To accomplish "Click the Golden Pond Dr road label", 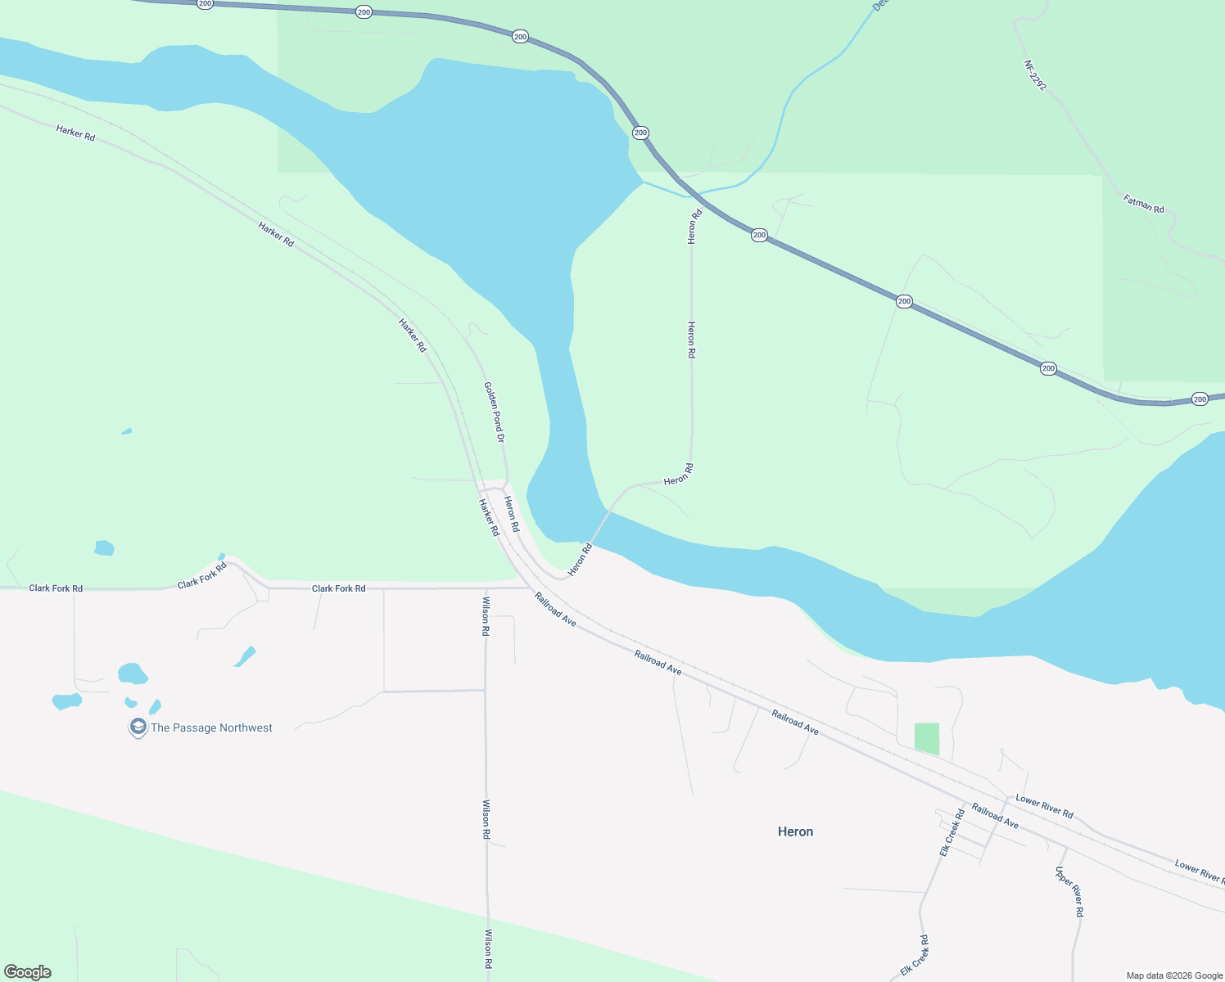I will pos(494,412).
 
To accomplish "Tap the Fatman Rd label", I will pos(1144,204).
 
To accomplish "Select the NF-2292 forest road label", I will pos(1035,75).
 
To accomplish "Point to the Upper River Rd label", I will pos(1069,891).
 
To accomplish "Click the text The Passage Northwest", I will pos(211,727).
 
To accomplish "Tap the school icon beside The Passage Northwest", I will pos(138,727).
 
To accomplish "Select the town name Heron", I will pos(795,831).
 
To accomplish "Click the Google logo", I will pos(28,972).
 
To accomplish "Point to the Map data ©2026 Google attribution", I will pos(1174,975).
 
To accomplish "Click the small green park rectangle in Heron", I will pos(927,738).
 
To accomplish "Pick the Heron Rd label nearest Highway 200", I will pos(694,227).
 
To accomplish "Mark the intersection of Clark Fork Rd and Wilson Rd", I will pos(486,588).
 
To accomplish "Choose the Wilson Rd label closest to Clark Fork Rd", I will pos(486,616).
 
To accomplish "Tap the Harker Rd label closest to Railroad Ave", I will pos(489,517).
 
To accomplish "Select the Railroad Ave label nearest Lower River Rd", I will pos(995,816).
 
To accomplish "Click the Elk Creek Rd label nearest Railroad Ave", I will pos(952,833).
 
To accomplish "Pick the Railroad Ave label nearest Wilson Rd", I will pos(555,610).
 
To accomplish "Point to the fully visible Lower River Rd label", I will pos(1044,806).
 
